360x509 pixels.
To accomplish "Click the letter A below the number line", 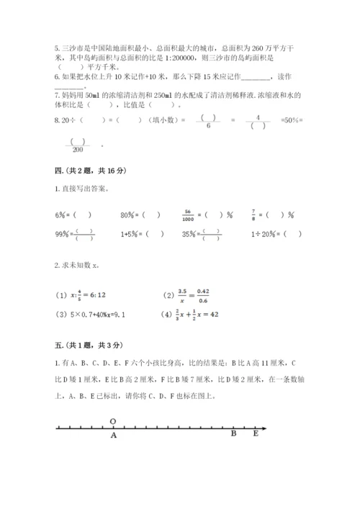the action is (x=113, y=435).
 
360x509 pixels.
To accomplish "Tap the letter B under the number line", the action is (x=233, y=434).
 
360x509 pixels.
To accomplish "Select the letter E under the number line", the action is (x=255, y=434).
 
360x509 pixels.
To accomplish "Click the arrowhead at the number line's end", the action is (x=263, y=429).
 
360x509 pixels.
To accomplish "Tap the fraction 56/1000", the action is (x=188, y=215).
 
